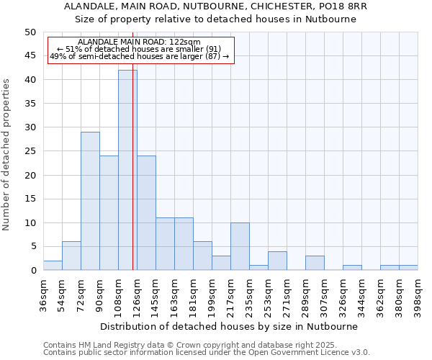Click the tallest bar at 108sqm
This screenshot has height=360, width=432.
pyautogui.click(x=127, y=170)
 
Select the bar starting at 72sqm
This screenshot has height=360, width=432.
pyautogui.click(x=90, y=201)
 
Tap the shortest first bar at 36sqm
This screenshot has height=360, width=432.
pyautogui.click(x=53, y=266)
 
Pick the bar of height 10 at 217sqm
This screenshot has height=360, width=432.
pyautogui.click(x=240, y=246)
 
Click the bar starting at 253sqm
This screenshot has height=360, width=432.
pyautogui.click(x=277, y=261)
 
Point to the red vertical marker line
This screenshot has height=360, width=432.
pyautogui.click(x=133, y=180)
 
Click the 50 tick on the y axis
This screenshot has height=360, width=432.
pyautogui.click(x=30, y=32)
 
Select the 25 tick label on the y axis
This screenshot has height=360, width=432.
pyautogui.click(x=30, y=151)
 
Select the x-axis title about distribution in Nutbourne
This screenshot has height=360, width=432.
pyautogui.click(x=229, y=326)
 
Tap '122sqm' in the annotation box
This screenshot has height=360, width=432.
pyautogui.click(x=186, y=42)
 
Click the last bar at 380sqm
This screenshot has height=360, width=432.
pyautogui.click(x=408, y=268)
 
